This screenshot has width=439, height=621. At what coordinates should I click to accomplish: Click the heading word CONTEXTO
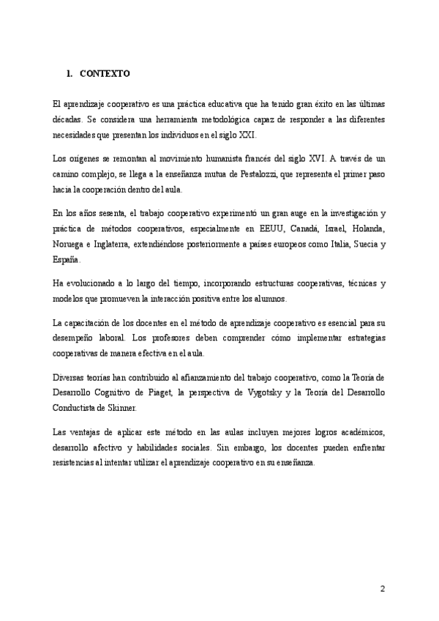tap(104, 73)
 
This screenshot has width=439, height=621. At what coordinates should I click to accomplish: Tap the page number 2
tap(382, 589)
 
